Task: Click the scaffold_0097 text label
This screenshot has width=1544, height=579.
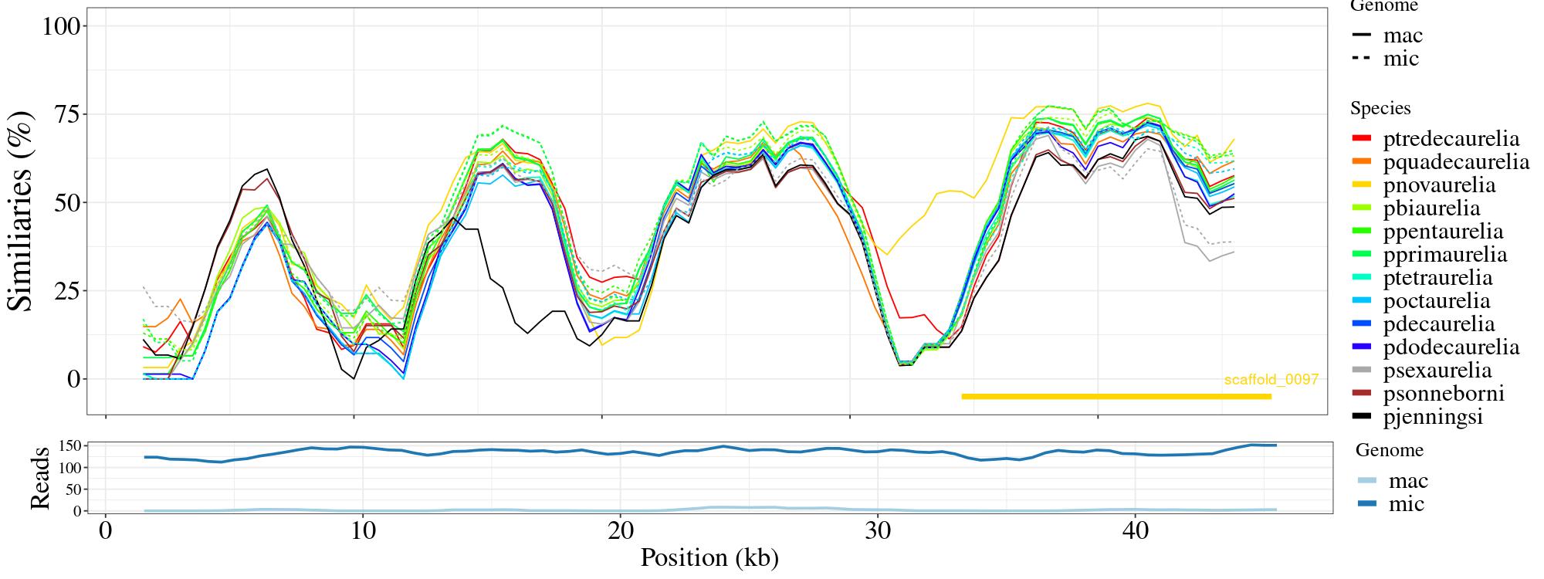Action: coord(1271,380)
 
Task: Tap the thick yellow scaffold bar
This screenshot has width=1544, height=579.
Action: coord(1116,397)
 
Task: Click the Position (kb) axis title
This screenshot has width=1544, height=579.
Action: coord(709,557)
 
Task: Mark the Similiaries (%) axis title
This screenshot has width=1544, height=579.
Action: coord(21,211)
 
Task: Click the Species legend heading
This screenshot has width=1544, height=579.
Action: coord(1380,109)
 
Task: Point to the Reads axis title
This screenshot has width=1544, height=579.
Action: coord(39,478)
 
